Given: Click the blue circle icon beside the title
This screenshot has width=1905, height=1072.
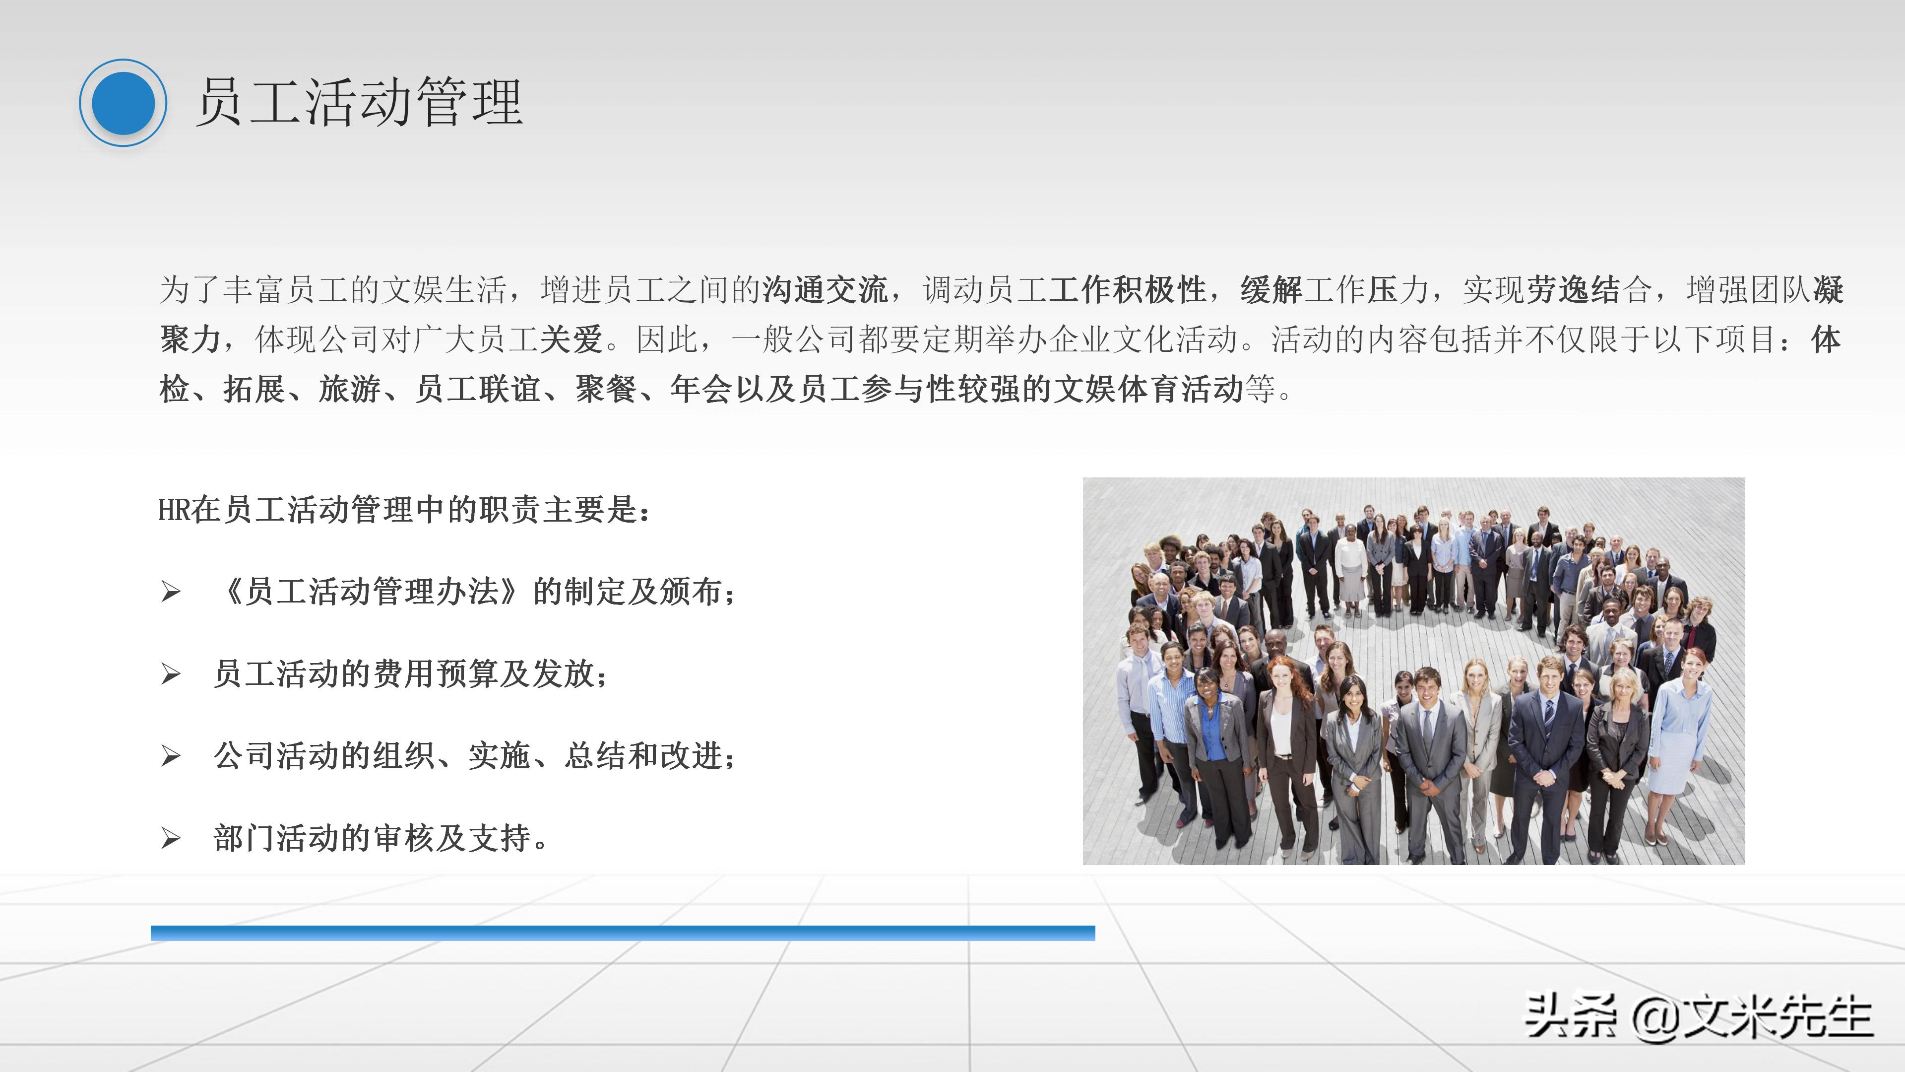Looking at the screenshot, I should coord(123,103).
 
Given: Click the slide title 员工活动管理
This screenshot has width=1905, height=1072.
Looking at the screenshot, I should coord(359,103).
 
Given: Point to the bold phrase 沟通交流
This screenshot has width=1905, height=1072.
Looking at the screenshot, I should coord(825,289).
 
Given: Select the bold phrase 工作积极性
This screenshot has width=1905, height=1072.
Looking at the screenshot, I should coord(1127,289).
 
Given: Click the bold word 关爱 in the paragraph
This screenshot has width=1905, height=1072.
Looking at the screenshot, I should coord(571,339).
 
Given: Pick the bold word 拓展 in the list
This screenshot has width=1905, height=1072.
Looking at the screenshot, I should coord(254,389).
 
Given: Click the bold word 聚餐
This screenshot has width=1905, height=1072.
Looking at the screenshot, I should coord(606,389).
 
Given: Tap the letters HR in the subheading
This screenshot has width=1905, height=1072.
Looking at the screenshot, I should coord(174,510).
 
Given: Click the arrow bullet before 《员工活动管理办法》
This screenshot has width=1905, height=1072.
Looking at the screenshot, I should coord(171,592).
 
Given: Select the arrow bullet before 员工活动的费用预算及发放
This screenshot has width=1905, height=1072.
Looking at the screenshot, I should coord(171,674).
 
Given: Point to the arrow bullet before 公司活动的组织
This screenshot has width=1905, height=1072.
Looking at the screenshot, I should coord(171,756).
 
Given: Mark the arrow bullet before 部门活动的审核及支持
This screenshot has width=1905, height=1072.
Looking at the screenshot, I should coord(171,838).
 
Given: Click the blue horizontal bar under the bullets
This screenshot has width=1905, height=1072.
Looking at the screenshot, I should coord(623,933).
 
